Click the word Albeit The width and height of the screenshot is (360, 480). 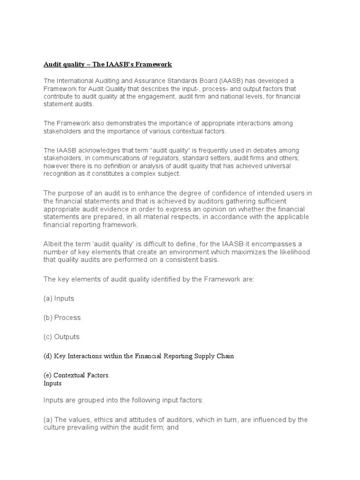[53, 244]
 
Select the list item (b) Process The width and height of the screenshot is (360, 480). [62, 317]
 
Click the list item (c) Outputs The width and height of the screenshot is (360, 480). [61, 337]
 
